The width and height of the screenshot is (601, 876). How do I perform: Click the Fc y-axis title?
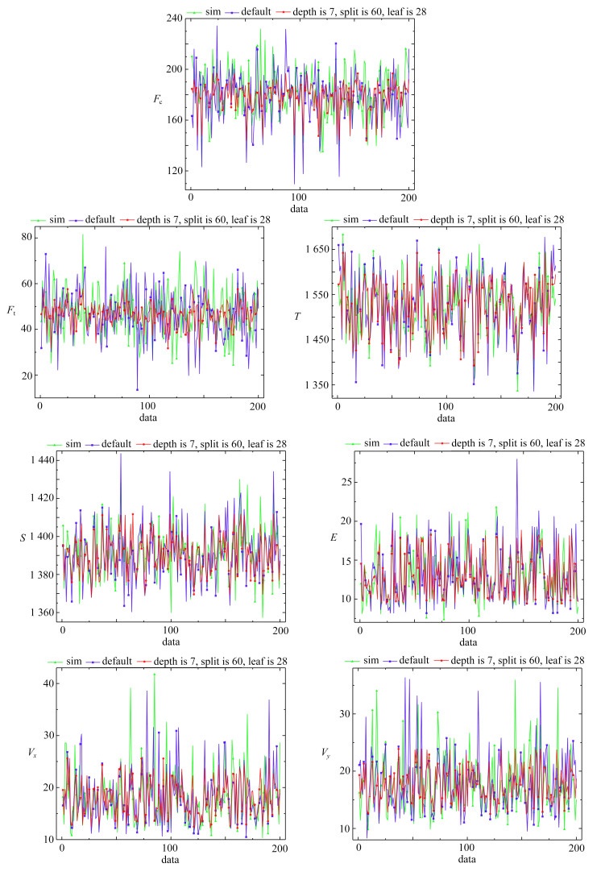point(159,99)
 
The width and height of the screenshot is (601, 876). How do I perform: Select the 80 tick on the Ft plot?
point(25,237)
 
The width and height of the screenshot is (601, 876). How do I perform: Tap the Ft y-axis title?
point(14,310)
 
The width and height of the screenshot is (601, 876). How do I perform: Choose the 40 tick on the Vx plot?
point(45,683)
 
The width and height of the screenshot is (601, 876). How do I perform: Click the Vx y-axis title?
point(30,755)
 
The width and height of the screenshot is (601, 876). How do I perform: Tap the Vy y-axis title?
point(326,755)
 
